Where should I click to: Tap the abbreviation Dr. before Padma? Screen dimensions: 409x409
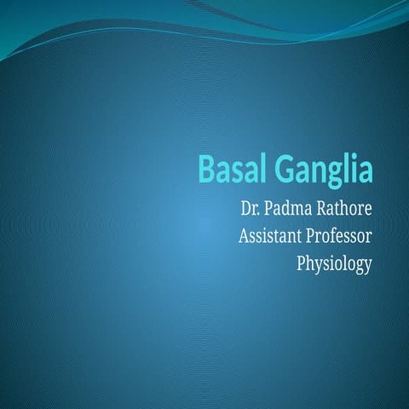(251, 208)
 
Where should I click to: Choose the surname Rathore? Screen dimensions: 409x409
(344, 208)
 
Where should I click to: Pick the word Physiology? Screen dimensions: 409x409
(334, 265)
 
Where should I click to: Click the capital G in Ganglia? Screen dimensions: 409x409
(283, 169)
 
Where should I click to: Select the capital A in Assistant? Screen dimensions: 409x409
(245, 236)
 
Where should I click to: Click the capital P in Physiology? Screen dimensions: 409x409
(301, 264)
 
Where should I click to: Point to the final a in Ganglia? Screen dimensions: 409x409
(366, 171)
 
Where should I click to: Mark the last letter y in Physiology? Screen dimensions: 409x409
(368, 267)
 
